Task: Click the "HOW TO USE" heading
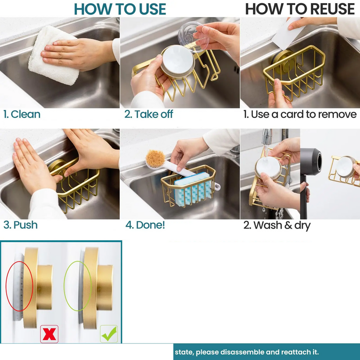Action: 120,9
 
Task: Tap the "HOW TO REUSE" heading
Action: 300,9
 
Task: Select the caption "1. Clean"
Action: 22,114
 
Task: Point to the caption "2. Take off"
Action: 148,114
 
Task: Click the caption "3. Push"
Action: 20,225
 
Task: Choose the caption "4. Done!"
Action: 145,225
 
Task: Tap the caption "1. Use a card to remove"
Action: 300,114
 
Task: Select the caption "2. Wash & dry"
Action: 277,225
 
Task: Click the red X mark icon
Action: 49,334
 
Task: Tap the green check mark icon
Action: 109,334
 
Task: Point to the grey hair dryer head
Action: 311,161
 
